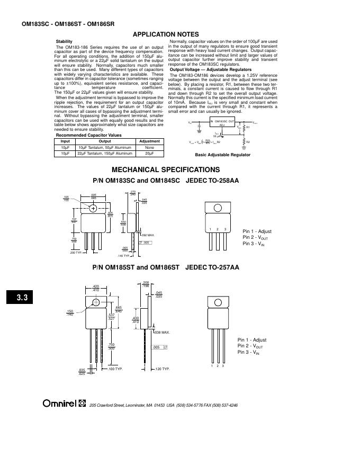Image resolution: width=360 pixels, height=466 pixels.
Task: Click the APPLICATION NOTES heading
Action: [x=165, y=34]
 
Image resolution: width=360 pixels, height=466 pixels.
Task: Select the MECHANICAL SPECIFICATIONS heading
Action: [x=165, y=169]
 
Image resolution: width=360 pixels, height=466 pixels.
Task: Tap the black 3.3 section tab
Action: [x=22, y=298]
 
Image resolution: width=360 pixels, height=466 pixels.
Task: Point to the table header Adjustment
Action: [x=149, y=141]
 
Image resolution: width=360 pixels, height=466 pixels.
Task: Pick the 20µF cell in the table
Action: [x=149, y=153]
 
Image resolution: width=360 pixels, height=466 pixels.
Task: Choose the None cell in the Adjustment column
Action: [x=149, y=147]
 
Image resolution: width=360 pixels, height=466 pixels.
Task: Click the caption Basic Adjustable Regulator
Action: [x=222, y=155]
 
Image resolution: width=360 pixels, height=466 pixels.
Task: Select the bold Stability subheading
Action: [x=64, y=41]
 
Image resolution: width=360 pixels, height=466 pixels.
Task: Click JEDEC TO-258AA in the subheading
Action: [x=212, y=181]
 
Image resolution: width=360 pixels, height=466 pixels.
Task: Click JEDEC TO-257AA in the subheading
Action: [x=212, y=267]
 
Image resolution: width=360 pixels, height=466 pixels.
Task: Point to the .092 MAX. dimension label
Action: [x=148, y=235]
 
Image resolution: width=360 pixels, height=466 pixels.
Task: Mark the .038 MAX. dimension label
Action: [x=161, y=333]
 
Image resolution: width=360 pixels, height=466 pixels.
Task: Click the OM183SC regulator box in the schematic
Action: [x=222, y=123]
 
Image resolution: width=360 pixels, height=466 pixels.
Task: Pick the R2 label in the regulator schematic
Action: [x=248, y=142]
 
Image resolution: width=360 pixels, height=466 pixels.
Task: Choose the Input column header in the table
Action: [x=65, y=141]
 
